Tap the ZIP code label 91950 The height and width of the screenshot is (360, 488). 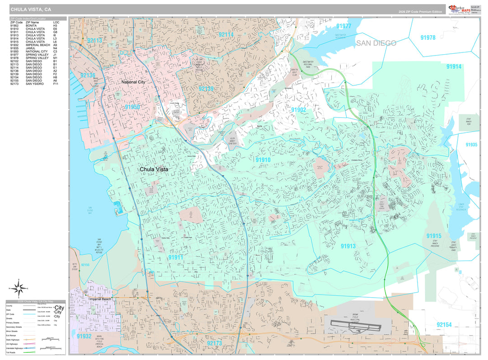click(132, 107)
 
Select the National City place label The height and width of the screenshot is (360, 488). click(133, 82)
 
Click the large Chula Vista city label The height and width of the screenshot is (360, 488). click(154, 169)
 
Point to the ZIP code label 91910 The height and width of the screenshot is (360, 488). click(263, 160)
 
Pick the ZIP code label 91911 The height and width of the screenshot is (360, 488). click(176, 257)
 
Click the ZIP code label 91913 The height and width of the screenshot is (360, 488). click(348, 246)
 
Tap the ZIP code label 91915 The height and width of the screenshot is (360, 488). click(433, 236)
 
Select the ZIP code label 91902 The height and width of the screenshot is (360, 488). click(298, 110)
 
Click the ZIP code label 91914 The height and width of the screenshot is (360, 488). click(454, 67)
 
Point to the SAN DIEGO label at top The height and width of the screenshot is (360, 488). click(376, 43)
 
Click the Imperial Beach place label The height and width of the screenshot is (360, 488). click(100, 299)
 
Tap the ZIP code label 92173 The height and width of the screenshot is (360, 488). click(214, 343)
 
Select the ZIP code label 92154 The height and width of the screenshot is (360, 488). click(444, 325)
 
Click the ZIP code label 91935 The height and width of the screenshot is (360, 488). click(471, 145)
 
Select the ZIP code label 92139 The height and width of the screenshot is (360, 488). click(206, 89)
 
